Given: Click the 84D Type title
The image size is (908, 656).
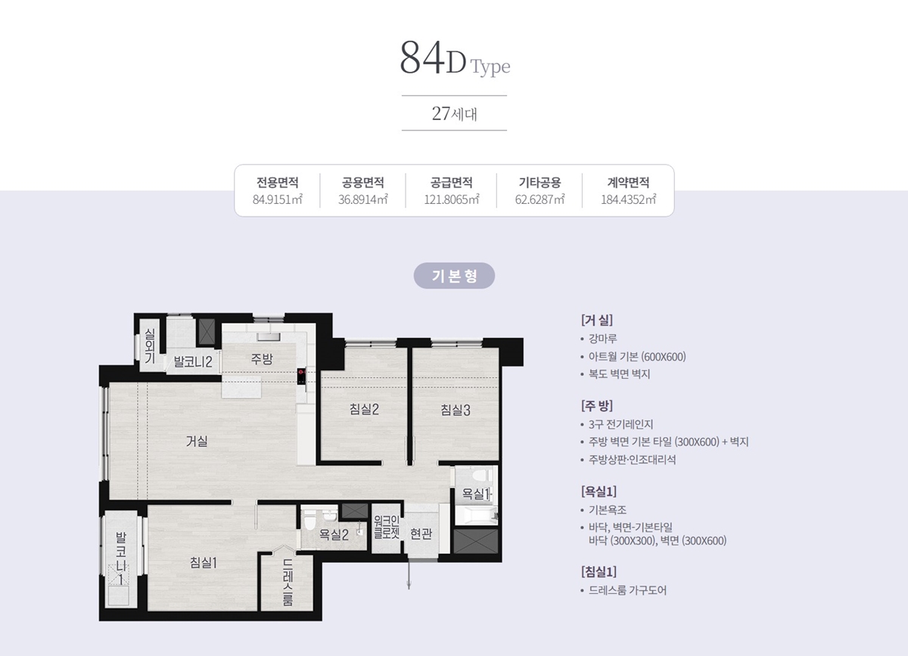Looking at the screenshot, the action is pos(455,58).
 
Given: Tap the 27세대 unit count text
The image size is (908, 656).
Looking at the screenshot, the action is pos(455,114).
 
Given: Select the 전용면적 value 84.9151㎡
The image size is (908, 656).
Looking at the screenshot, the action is pos(278,199).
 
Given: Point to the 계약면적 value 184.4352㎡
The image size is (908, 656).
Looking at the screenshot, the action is pos(628,199).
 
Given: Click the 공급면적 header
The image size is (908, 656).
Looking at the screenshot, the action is pos(451,183).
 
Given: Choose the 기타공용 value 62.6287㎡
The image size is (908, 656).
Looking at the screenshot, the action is pos(540,199).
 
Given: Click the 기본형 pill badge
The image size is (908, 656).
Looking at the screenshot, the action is pos(454,276).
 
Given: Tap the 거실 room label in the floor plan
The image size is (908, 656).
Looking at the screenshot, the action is pos(197,441).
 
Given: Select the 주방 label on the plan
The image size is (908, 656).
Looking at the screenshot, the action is pos(262,358).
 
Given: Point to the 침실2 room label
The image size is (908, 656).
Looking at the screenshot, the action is pos(364,409).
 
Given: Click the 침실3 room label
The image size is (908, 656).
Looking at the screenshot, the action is pos(456,410).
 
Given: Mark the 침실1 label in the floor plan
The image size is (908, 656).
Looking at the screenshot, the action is pos(204,562).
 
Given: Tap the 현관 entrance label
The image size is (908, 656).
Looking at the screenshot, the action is pos(421,534).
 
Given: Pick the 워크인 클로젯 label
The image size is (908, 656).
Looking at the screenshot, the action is pos(387,527).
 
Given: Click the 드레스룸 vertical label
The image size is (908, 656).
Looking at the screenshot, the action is pos(288,583).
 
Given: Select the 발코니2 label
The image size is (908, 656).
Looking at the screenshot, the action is pos(193,361).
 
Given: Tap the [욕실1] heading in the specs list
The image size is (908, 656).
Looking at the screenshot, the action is pos(599,492).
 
